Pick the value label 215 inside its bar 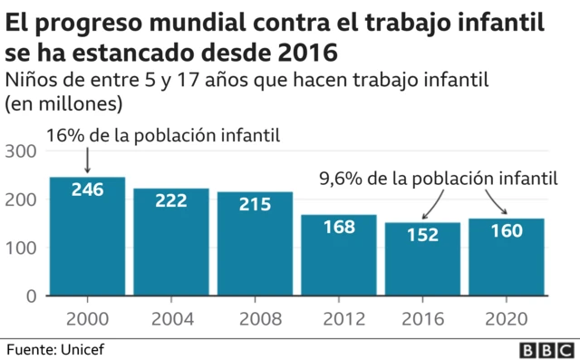click(255, 205)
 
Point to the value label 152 click(421, 234)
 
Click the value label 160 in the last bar click(506, 230)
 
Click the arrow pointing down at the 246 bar click(87, 161)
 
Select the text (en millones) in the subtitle click(63, 103)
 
